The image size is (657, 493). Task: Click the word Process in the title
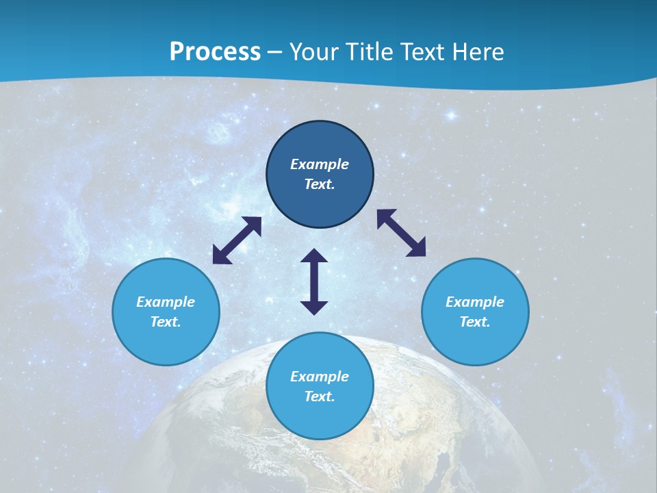tap(215, 52)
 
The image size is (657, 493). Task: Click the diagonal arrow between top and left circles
tap(237, 240)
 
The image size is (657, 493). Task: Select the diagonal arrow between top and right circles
tap(401, 233)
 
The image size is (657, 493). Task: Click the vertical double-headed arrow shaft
tap(314, 281)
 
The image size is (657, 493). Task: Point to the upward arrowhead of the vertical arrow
tap(314, 257)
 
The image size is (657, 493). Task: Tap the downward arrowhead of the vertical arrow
tap(314, 307)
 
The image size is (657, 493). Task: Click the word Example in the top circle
tap(320, 164)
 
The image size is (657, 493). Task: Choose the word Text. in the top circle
tap(320, 184)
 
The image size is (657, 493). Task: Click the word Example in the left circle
tap(166, 302)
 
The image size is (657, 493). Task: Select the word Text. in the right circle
tap(475, 322)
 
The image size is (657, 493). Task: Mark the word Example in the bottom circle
tap(320, 377)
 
